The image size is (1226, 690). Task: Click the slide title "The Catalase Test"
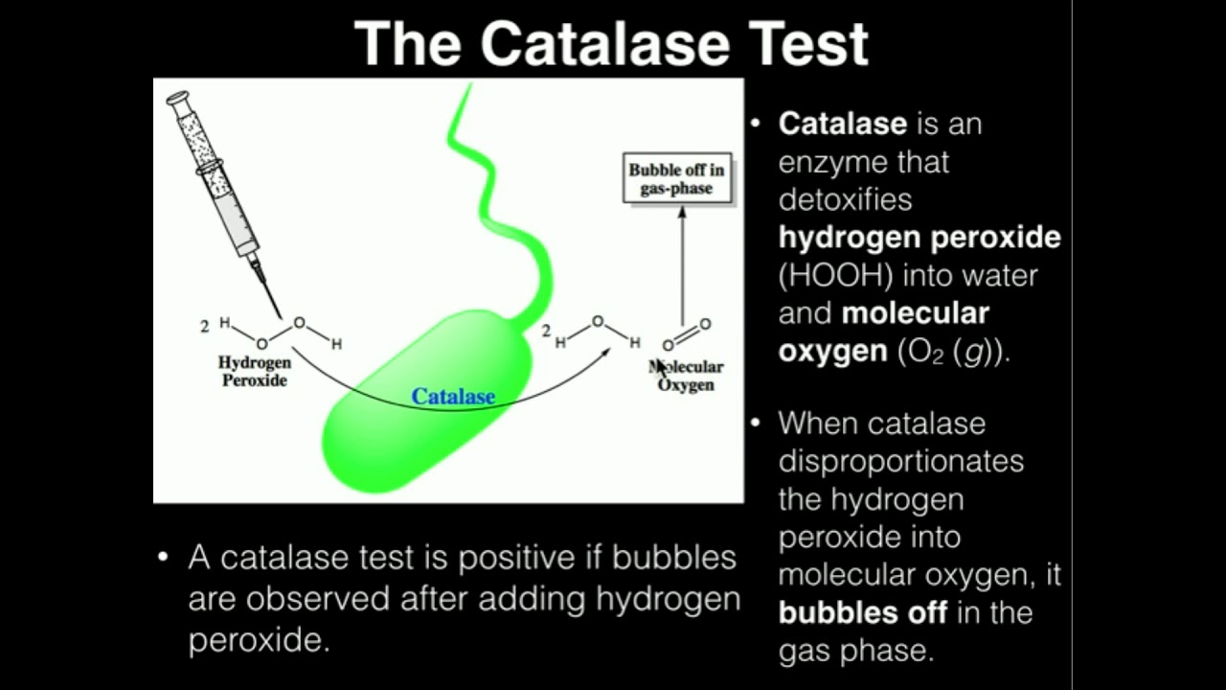click(611, 43)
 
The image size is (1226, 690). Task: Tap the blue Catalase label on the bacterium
click(453, 396)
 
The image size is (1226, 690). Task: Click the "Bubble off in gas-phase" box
click(676, 179)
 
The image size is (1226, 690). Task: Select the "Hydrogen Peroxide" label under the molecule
click(255, 371)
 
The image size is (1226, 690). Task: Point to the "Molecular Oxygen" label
click(687, 376)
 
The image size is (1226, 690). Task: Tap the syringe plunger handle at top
click(178, 98)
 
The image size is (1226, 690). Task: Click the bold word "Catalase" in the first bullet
click(842, 124)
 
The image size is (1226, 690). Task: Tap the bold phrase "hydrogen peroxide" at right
click(919, 237)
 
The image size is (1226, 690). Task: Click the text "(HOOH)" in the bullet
click(835, 275)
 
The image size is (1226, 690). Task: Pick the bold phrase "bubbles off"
click(863, 612)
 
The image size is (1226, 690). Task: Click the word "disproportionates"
click(900, 461)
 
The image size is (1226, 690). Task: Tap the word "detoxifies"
click(845, 199)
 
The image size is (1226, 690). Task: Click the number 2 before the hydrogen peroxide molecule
click(204, 327)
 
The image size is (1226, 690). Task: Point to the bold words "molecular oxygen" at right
click(883, 332)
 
